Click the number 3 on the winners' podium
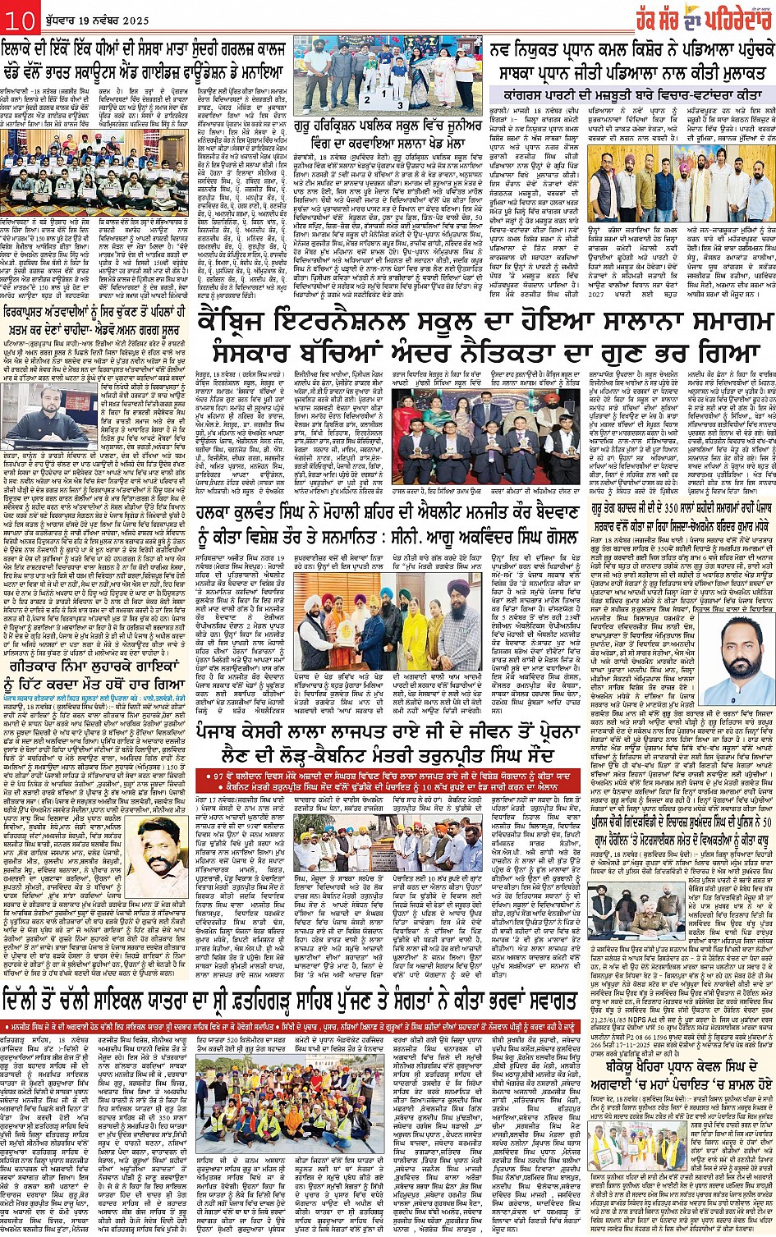point(398,105)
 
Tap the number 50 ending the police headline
point(765,822)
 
